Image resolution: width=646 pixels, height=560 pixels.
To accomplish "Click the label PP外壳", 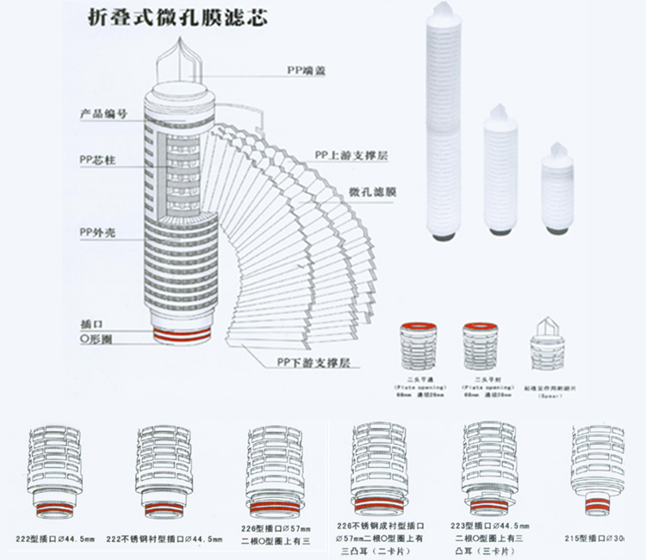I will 96,232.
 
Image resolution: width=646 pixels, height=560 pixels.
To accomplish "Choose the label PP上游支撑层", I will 345,156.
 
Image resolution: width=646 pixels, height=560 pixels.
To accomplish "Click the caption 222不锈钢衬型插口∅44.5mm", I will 165,538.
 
